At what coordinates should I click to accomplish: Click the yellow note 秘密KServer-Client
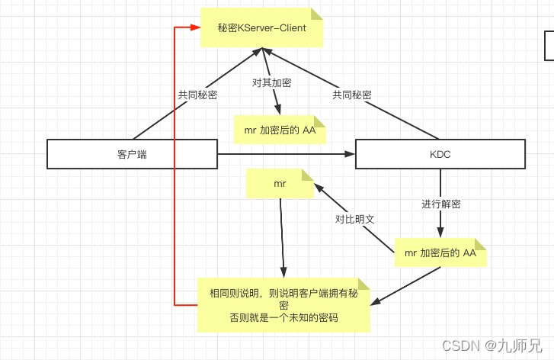(261, 28)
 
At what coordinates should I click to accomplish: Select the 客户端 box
(132, 154)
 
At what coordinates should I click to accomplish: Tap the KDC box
(440, 154)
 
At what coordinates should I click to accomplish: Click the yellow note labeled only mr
(279, 185)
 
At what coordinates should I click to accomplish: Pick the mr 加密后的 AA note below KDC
(440, 253)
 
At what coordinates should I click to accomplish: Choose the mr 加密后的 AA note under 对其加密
(280, 130)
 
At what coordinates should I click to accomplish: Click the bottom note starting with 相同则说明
(283, 304)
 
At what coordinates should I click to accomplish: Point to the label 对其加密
(272, 82)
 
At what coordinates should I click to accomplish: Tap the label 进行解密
(440, 204)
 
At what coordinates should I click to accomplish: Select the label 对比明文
(355, 220)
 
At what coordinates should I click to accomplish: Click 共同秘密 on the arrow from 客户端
(198, 95)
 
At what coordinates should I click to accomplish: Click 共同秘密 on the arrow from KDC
(352, 95)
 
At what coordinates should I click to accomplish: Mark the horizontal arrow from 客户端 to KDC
(286, 155)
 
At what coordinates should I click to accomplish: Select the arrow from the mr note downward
(282, 236)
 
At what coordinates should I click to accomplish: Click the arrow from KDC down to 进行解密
(440, 183)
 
